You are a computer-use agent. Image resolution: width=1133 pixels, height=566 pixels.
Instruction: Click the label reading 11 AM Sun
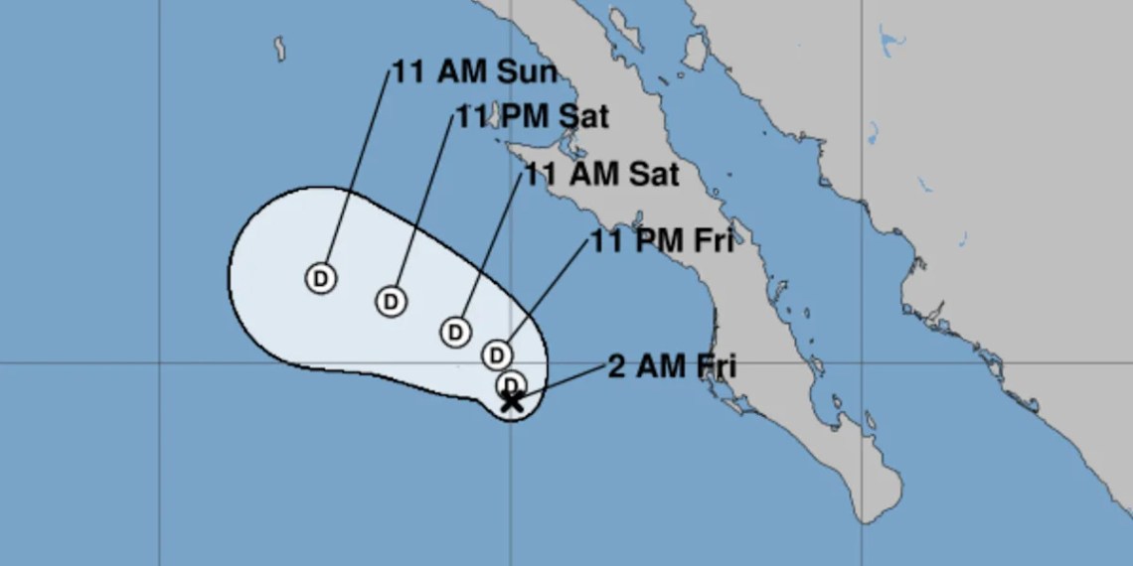click(x=474, y=72)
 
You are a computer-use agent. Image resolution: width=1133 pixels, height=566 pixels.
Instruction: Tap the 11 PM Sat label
click(x=532, y=116)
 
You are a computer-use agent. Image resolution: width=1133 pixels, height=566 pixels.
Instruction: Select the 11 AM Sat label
click(x=601, y=174)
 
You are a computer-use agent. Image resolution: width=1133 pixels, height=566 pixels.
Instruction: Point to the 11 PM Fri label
click(x=662, y=240)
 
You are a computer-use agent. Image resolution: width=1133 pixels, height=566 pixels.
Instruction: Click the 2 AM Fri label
click(x=671, y=366)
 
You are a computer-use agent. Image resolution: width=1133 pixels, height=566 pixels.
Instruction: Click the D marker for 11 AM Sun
click(x=320, y=278)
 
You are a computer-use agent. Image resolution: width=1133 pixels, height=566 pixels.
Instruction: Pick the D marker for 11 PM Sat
click(x=392, y=300)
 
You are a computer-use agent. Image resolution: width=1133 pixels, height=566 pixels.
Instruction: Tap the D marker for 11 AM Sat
click(x=455, y=332)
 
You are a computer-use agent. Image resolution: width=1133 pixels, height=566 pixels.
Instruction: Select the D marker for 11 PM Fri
click(x=497, y=354)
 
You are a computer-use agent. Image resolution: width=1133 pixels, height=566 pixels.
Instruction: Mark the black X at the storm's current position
click(x=512, y=401)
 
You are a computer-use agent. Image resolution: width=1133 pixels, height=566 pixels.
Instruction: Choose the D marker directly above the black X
click(x=512, y=383)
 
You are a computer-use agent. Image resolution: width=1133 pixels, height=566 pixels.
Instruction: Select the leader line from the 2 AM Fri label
click(x=562, y=382)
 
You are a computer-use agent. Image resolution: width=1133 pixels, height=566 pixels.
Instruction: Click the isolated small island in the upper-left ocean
click(x=279, y=46)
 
